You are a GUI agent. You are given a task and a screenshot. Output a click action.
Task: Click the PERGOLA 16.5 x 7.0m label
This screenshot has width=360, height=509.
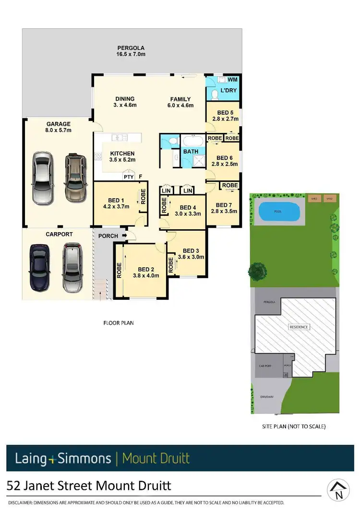point(131,51)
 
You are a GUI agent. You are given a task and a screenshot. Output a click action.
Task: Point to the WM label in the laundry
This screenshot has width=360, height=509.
point(232,80)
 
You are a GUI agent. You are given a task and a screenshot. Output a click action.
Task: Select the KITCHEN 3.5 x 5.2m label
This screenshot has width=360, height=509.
point(122,156)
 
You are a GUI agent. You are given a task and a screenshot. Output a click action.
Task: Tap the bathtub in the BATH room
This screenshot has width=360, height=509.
point(192,142)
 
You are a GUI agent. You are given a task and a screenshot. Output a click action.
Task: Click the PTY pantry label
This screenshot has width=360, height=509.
point(129,177)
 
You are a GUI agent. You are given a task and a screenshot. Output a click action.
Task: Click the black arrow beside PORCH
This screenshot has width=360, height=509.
point(124,236)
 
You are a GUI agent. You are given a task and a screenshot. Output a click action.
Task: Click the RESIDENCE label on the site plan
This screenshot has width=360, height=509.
point(299,327)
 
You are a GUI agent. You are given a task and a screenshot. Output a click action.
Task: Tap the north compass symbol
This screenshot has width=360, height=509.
point(338,489)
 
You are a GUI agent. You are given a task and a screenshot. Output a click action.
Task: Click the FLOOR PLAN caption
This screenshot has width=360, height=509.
point(119,323)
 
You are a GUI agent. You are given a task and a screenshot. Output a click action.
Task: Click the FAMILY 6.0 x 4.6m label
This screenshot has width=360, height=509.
point(180,102)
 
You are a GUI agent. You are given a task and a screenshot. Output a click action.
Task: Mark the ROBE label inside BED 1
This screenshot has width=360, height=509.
point(143,197)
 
